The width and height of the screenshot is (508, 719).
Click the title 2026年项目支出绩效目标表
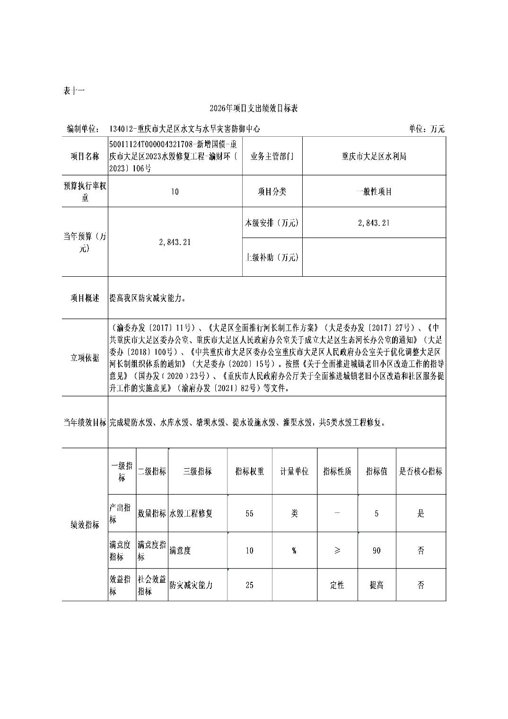[x=254, y=109]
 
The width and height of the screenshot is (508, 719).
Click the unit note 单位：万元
[x=426, y=129]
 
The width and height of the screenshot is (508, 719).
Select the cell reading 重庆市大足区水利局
[x=374, y=157]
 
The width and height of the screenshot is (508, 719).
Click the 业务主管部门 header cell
[x=272, y=157]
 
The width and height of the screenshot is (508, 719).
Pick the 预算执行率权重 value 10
[x=175, y=192]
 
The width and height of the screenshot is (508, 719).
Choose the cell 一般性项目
[x=374, y=192]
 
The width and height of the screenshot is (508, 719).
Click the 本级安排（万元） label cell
[x=272, y=222]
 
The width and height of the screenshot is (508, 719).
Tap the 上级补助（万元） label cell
[x=272, y=257]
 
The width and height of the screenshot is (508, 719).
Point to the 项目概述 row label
[x=85, y=298]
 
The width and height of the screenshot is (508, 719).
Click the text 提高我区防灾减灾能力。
[x=148, y=298]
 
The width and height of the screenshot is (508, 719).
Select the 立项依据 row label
[x=85, y=358]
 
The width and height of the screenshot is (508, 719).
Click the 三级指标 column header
[x=197, y=471]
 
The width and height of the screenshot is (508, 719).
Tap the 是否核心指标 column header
[x=420, y=471]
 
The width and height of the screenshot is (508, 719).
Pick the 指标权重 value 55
[x=250, y=513]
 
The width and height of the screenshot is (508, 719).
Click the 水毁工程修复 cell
[x=191, y=513]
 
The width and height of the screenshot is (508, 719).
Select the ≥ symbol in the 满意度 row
[x=337, y=551]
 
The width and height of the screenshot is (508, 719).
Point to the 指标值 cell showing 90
[x=377, y=551]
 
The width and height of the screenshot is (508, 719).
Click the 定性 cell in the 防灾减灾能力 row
[x=337, y=585]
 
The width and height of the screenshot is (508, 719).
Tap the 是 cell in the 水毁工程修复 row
[x=420, y=513]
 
